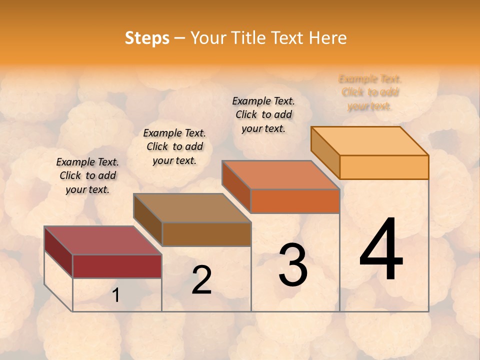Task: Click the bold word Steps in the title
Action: [x=147, y=38]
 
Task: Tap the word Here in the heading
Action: [x=327, y=38]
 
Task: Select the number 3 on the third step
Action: [x=293, y=265]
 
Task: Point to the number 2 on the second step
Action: [x=201, y=280]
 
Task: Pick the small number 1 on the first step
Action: [x=116, y=295]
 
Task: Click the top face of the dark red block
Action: [x=102, y=240]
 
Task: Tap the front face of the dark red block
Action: [x=117, y=266]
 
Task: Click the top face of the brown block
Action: [x=192, y=208]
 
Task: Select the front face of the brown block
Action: [x=206, y=234]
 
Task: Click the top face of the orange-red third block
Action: [x=280, y=175]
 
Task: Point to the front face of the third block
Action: [x=295, y=201]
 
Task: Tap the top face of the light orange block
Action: [x=370, y=141]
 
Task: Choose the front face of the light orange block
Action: [x=384, y=167]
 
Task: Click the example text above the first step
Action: [x=87, y=175]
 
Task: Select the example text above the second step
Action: [x=174, y=146]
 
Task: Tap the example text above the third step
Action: [x=263, y=114]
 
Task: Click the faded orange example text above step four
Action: [x=370, y=92]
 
